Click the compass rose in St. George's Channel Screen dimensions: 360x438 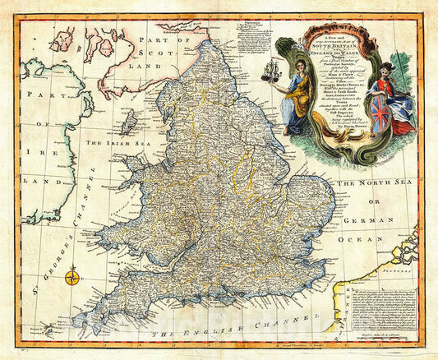71,276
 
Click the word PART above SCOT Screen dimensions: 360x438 156,40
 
